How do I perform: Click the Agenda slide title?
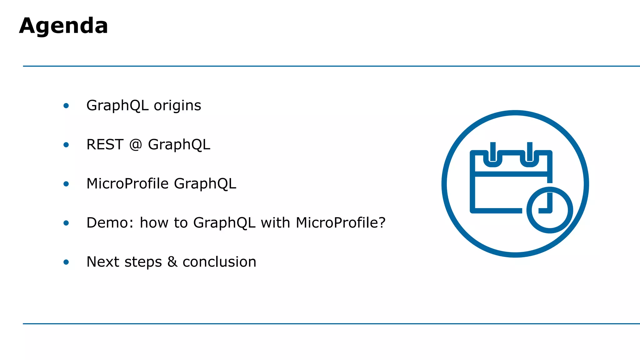(x=63, y=26)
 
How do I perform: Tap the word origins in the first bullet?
(x=177, y=106)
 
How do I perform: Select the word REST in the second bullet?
(x=105, y=145)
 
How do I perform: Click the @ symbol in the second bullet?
(x=136, y=145)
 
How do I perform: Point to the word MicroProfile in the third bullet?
(x=127, y=184)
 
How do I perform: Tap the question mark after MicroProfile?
(x=382, y=223)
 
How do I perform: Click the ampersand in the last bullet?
(x=172, y=262)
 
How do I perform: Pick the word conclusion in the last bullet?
(x=219, y=262)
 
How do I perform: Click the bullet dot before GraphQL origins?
(x=66, y=106)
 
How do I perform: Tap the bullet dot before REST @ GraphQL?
(x=66, y=145)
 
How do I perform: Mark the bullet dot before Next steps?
(x=66, y=262)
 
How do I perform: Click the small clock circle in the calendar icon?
(x=549, y=210)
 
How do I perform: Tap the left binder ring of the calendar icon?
(x=493, y=155)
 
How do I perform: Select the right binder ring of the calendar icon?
(x=529, y=155)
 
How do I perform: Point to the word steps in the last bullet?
(x=143, y=262)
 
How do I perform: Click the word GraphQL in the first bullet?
(x=117, y=106)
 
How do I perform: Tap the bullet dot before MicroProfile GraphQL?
(x=66, y=184)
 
